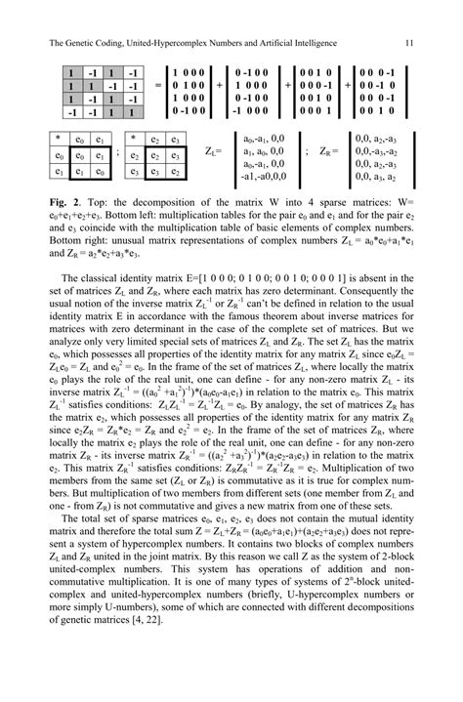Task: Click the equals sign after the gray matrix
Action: click(158, 87)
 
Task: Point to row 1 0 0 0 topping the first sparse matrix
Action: click(189, 72)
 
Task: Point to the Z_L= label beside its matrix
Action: click(215, 152)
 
